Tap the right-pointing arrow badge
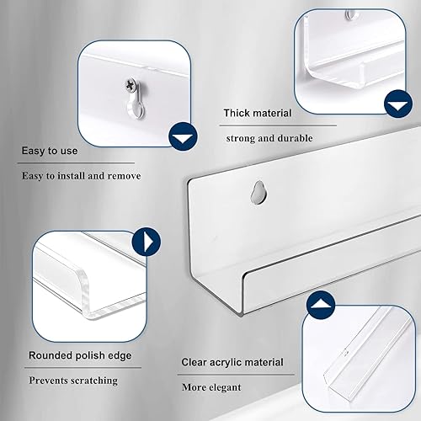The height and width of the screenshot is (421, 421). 148,242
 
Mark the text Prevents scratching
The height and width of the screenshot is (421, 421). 73,381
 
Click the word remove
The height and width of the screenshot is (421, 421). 123,176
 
